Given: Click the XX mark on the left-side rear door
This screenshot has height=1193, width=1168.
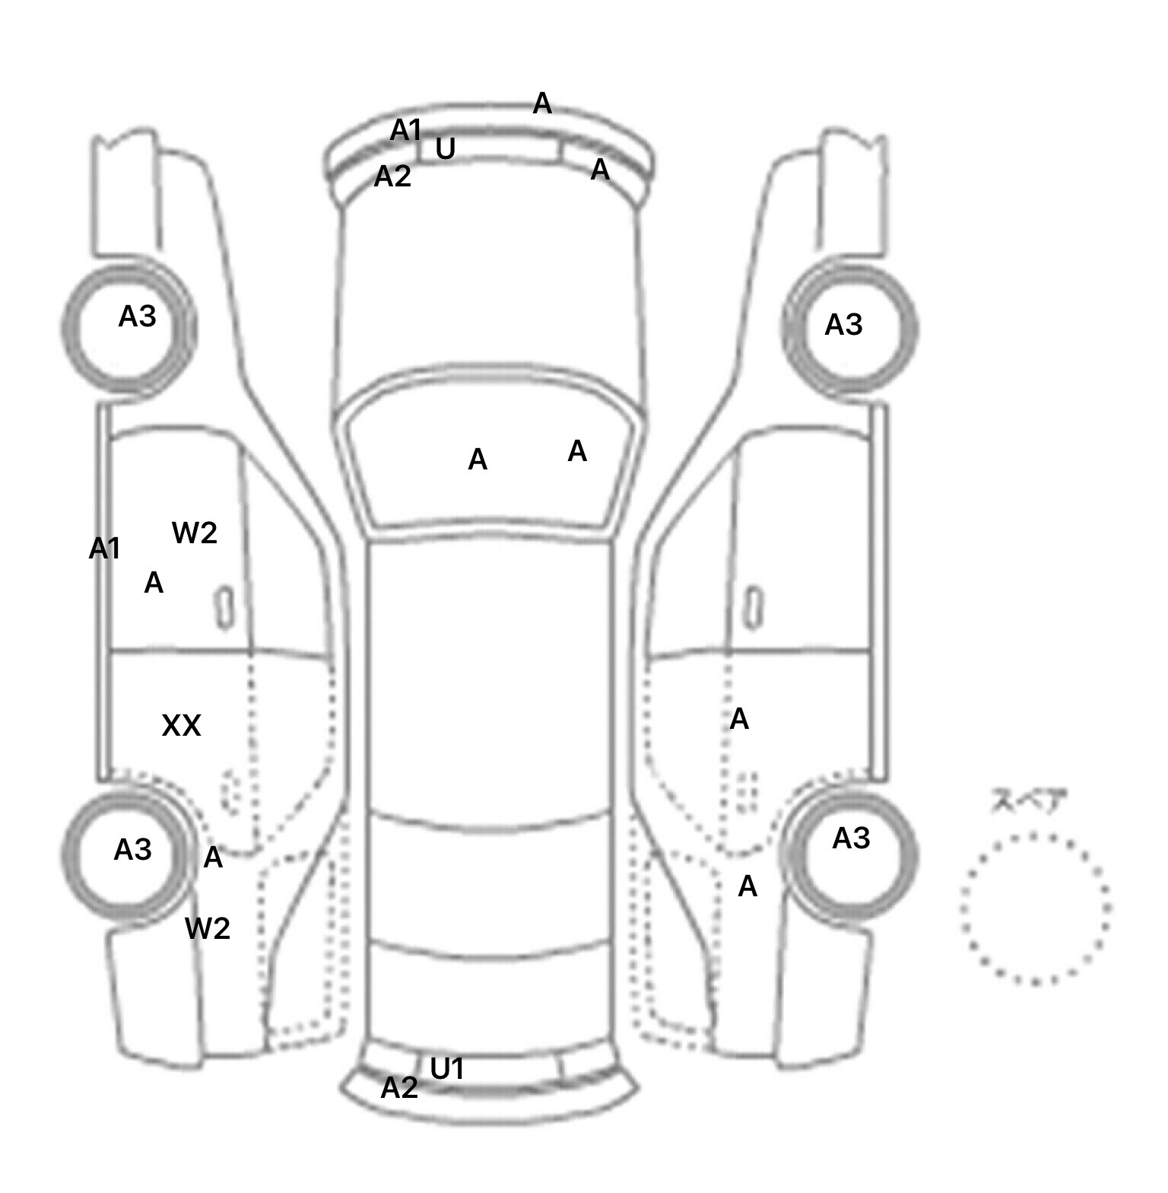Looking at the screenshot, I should [181, 726].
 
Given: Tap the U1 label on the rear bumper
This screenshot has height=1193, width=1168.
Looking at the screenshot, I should [447, 1069].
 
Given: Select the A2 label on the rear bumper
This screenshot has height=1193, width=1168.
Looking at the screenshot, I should [399, 1088].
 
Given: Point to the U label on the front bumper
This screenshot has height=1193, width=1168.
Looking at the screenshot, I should [446, 149].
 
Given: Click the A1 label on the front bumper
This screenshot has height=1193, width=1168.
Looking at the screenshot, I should [405, 130].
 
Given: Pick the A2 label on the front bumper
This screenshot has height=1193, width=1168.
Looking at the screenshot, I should [392, 177].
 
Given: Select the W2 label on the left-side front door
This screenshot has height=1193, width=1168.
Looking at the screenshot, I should [195, 533].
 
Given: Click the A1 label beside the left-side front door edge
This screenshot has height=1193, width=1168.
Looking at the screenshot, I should [104, 548].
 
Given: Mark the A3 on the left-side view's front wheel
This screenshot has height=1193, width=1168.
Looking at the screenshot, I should [137, 316].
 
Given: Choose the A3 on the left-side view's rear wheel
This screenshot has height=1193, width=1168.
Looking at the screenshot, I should [132, 849].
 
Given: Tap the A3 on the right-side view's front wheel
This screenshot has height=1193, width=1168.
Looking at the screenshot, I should [843, 325].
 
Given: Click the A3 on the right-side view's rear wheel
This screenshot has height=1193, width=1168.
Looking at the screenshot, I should [851, 838].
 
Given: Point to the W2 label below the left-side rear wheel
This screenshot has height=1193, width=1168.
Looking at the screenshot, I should [208, 928].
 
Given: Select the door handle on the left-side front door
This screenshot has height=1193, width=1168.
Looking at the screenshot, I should [224, 607].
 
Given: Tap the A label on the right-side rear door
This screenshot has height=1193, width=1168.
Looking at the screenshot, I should [739, 718].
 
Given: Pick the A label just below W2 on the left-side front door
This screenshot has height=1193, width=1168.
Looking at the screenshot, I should [154, 583].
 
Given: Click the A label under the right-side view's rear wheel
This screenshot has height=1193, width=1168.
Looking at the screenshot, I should [747, 886].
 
